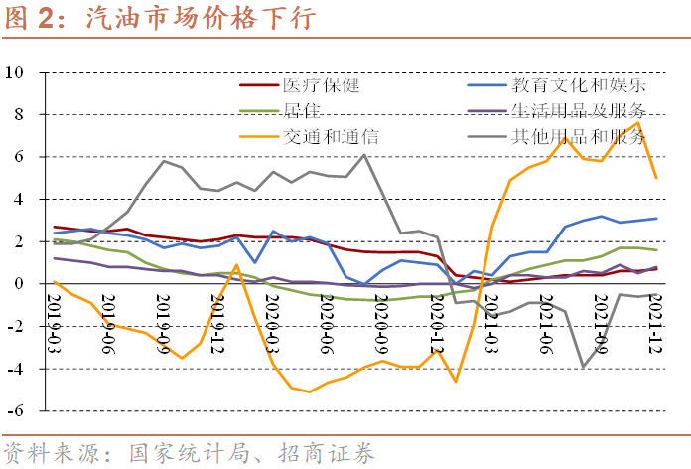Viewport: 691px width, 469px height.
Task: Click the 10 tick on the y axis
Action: coord(16,73)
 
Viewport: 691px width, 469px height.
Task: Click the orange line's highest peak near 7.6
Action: coord(637,123)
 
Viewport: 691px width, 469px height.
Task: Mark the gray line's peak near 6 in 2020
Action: coord(364,155)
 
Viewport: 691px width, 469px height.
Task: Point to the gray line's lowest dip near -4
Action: coord(584,367)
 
